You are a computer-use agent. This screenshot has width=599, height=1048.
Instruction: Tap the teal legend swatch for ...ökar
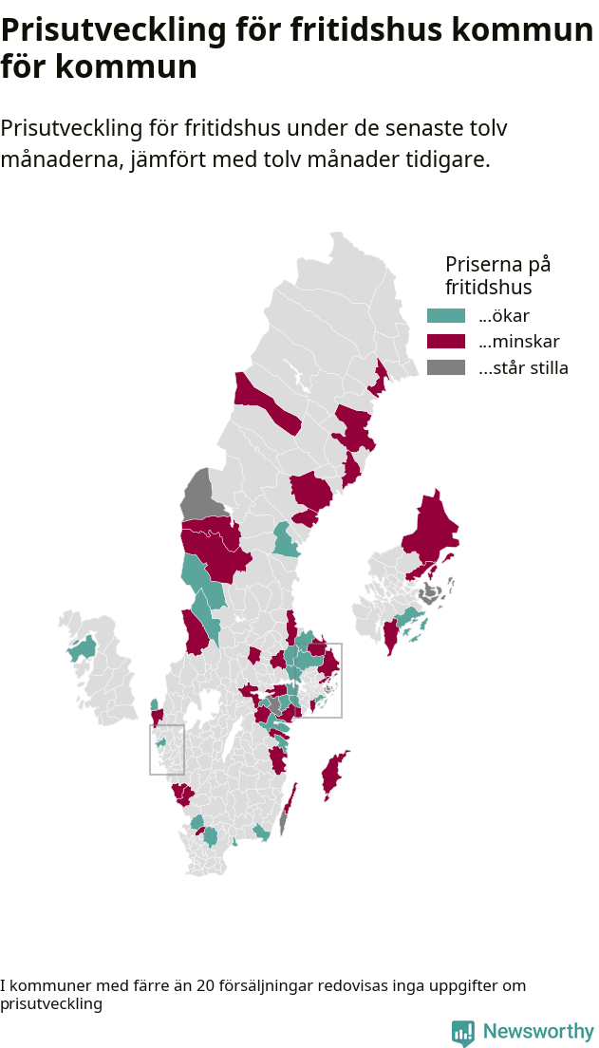pyautogui.click(x=446, y=316)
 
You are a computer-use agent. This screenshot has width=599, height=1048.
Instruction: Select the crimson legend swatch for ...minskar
pyautogui.click(x=446, y=342)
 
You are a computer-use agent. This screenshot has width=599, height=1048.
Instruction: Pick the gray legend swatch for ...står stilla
pyautogui.click(x=446, y=367)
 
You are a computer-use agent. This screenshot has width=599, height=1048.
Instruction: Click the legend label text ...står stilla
pyautogui.click(x=523, y=368)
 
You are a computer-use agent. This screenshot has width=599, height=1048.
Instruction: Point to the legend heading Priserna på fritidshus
pyautogui.click(x=497, y=274)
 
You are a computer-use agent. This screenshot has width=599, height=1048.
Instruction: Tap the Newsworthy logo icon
pyautogui.click(x=462, y=1033)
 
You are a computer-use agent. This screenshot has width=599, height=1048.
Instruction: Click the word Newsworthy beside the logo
pyautogui.click(x=538, y=1032)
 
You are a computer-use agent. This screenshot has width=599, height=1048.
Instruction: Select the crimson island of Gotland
pyautogui.click(x=332, y=775)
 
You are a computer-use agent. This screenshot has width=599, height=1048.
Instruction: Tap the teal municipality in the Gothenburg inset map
pyautogui.click(x=161, y=742)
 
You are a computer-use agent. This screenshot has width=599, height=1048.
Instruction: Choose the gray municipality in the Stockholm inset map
pyautogui.click(x=430, y=594)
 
